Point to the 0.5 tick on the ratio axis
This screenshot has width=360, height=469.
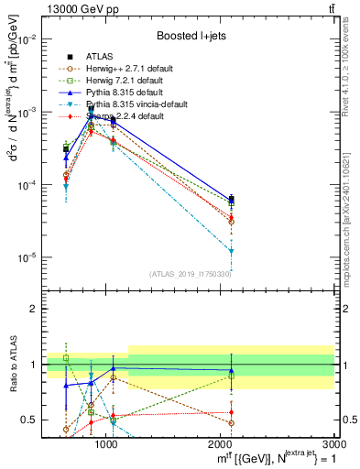[30, 420]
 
